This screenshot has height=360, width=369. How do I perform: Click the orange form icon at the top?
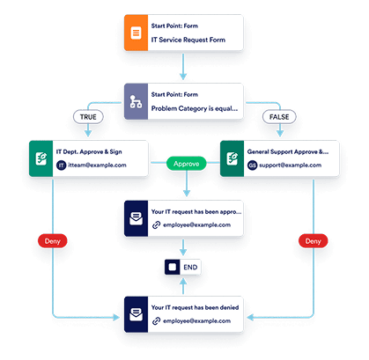[x=137, y=33]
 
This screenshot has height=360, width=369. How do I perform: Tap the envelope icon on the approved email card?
[x=137, y=217]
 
